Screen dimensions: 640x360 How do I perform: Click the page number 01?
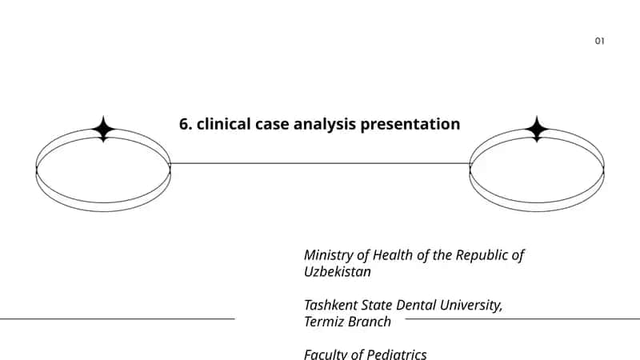point(599,41)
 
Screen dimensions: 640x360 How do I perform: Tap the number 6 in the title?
point(184,124)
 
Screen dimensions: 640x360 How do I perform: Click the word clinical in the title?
point(224,124)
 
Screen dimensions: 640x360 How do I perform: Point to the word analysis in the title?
point(325,125)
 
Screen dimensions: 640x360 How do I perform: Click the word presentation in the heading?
point(410,125)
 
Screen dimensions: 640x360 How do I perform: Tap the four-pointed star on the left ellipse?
point(103,129)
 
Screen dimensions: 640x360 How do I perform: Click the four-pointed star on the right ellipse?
point(537,129)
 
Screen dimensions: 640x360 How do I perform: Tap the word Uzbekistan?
point(338,272)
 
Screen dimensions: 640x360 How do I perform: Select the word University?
point(471,306)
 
